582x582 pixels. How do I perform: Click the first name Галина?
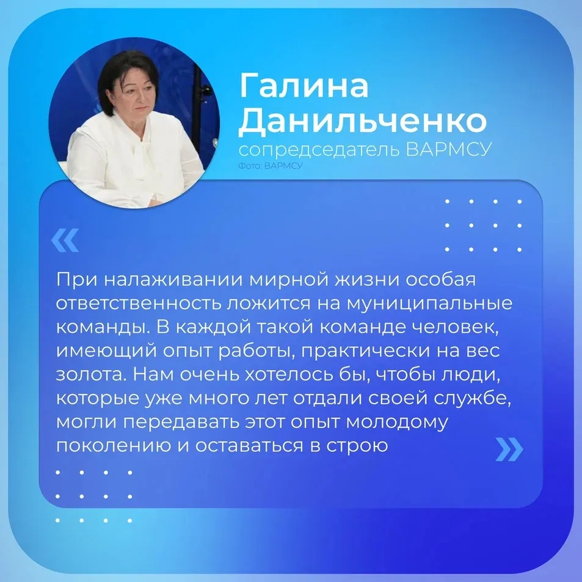click(x=304, y=85)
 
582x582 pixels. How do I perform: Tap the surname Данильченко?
click(x=362, y=121)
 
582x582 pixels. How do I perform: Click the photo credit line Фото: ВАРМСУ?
click(x=270, y=166)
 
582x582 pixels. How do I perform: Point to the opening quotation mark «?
click(x=65, y=240)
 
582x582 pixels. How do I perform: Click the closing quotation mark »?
click(x=509, y=449)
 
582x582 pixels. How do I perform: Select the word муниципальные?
click(x=429, y=304)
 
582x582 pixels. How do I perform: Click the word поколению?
click(x=113, y=446)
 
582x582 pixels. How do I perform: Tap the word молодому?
click(x=397, y=423)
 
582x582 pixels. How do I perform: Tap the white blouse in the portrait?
click(x=134, y=163)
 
